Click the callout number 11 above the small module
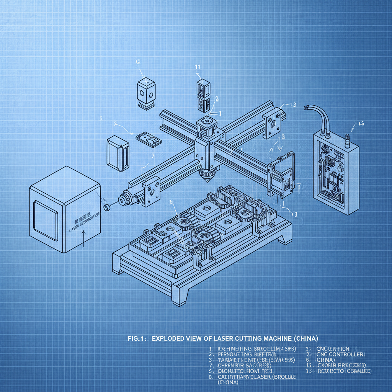[x=198, y=66]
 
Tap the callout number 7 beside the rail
[x=153, y=156]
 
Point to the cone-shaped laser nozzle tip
[x=206, y=176]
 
